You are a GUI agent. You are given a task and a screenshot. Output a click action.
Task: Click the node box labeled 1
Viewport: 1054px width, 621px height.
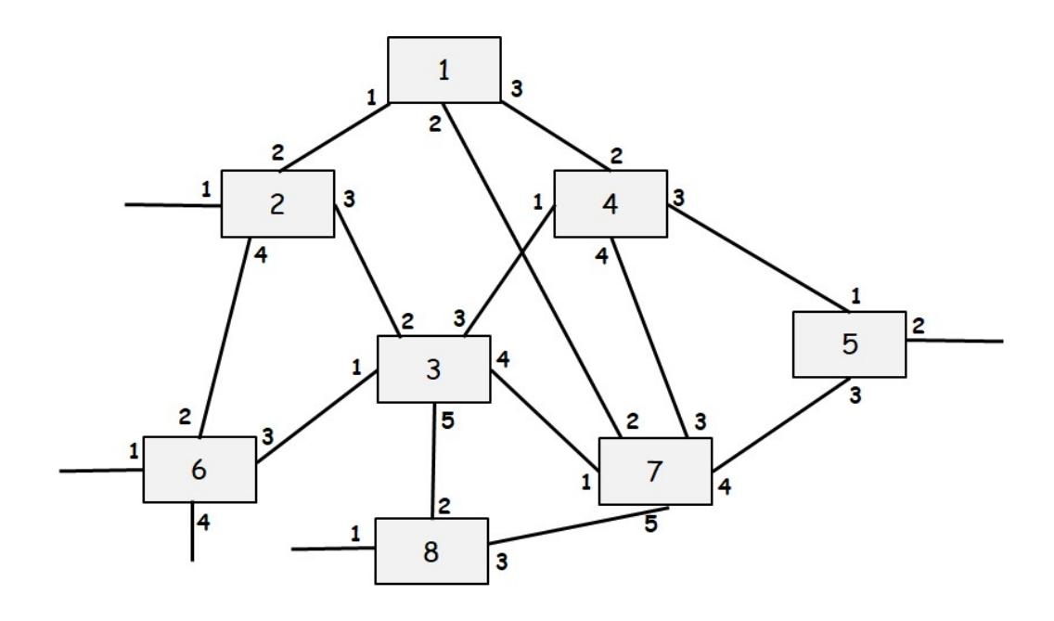click(444, 70)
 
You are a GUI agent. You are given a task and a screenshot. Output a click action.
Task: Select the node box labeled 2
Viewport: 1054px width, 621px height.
click(277, 204)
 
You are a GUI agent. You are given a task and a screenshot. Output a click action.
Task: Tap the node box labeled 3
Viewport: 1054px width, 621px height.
click(432, 369)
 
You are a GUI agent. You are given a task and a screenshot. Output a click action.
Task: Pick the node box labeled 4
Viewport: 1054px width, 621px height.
click(611, 203)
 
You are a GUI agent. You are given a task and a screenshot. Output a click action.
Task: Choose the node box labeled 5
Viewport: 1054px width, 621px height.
click(849, 344)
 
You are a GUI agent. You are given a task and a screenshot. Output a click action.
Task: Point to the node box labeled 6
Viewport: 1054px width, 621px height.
click(199, 470)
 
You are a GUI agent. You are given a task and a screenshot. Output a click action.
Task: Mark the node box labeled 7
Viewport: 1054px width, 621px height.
click(655, 471)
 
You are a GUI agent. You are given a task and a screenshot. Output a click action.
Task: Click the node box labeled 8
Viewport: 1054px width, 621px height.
click(431, 550)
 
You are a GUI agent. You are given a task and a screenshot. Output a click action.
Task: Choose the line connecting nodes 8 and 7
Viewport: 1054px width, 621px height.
click(571, 526)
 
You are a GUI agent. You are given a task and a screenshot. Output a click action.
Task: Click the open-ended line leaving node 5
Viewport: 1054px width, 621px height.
click(956, 341)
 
